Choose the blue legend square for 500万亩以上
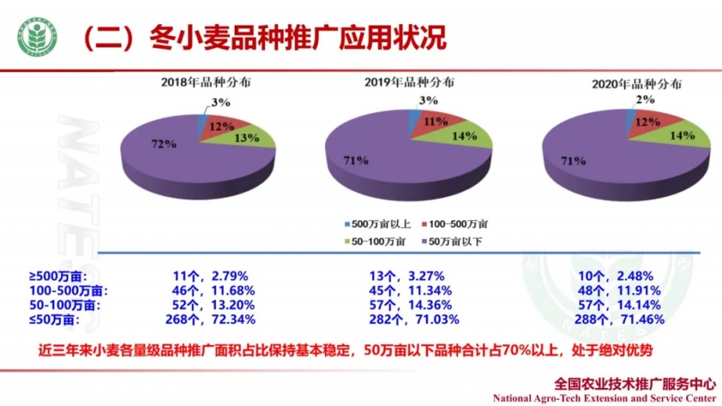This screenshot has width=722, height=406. [347, 224]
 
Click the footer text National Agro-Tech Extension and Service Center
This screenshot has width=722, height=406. [604, 397]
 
